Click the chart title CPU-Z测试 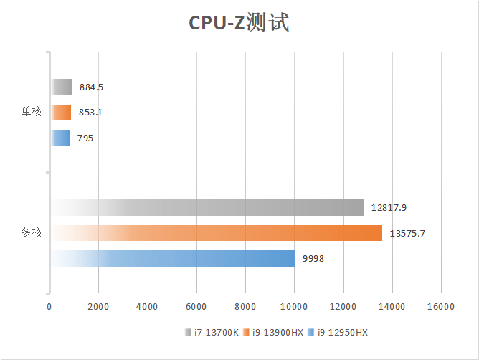[239, 23]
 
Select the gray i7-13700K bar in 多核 [208, 208]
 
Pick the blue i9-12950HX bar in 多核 [173, 258]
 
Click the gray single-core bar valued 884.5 [62, 87]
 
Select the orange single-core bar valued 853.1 [61, 113]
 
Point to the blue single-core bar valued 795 [60, 138]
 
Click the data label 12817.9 [389, 208]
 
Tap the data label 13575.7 [408, 233]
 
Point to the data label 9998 [313, 258]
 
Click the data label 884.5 [92, 87]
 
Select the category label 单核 [31, 112]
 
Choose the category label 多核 [31, 233]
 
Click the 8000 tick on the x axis [245, 307]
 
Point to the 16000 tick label [441, 307]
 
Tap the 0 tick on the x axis [49, 307]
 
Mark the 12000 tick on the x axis [343, 307]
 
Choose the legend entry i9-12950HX [341, 333]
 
